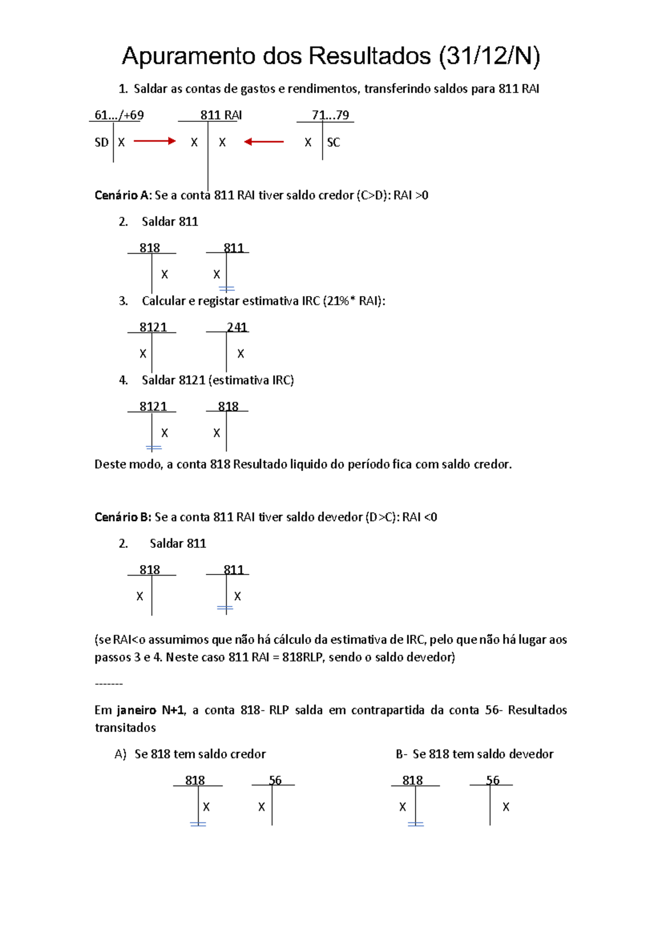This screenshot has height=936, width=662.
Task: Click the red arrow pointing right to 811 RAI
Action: pos(154,142)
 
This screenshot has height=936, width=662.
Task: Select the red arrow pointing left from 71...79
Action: pos(264,142)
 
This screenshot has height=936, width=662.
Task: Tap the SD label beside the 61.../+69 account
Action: pos(102,142)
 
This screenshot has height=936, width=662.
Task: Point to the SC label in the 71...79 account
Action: pos(333,142)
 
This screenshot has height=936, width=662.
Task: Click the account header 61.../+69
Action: pos(119,115)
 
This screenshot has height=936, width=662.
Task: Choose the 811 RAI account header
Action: pos(221,115)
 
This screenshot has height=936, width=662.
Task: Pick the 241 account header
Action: pos(237,327)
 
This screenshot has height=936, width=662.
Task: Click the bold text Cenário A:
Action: pos(122,195)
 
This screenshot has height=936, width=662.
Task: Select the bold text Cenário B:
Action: pos(122,517)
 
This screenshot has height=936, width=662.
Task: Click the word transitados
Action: pos(125,728)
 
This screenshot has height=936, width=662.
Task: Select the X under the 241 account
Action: pos(241,354)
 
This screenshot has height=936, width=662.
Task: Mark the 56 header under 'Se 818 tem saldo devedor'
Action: pos(493,780)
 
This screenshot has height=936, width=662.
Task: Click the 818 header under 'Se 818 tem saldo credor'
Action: pos(195,780)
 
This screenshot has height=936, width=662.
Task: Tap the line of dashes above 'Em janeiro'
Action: pos(109,684)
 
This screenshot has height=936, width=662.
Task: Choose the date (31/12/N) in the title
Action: pos(489,57)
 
